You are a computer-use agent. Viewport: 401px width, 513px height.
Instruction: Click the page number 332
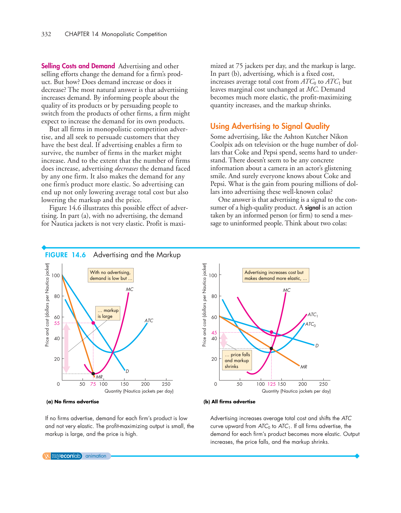coord(46,34)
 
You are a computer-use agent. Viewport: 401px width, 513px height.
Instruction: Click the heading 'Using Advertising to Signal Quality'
coord(270,126)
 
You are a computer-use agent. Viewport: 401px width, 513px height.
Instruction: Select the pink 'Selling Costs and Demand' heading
coord(78,66)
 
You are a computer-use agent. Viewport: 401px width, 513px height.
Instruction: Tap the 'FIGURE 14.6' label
coord(65,255)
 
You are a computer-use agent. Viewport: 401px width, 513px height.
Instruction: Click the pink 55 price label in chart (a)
coord(57,323)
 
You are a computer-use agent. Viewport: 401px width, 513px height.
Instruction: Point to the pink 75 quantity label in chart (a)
coord(93,384)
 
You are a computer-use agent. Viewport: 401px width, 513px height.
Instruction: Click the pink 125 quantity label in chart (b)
coord(272,384)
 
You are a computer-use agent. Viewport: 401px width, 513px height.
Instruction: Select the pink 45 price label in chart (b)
coord(214,333)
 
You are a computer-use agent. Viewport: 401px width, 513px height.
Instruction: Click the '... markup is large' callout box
coord(108,313)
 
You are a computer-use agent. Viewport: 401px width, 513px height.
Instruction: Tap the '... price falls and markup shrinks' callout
coord(237,360)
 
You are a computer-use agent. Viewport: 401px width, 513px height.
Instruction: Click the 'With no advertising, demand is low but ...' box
coord(111,275)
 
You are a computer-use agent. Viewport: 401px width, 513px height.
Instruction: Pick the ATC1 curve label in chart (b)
coord(313,315)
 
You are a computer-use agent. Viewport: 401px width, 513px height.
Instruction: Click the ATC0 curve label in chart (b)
coord(310,324)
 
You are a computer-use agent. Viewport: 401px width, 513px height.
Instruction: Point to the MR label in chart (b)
coord(304,367)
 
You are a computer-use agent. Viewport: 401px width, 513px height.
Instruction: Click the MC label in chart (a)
coord(129,289)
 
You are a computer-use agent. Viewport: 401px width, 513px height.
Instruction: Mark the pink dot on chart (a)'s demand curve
coord(93,323)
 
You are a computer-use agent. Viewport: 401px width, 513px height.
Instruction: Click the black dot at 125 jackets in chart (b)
coord(271,348)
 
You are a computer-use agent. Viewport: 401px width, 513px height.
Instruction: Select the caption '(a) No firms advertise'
coord(72,401)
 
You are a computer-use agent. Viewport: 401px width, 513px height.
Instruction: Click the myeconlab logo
coord(66,456)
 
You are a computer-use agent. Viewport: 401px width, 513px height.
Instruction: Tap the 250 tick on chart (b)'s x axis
coord(323,384)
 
